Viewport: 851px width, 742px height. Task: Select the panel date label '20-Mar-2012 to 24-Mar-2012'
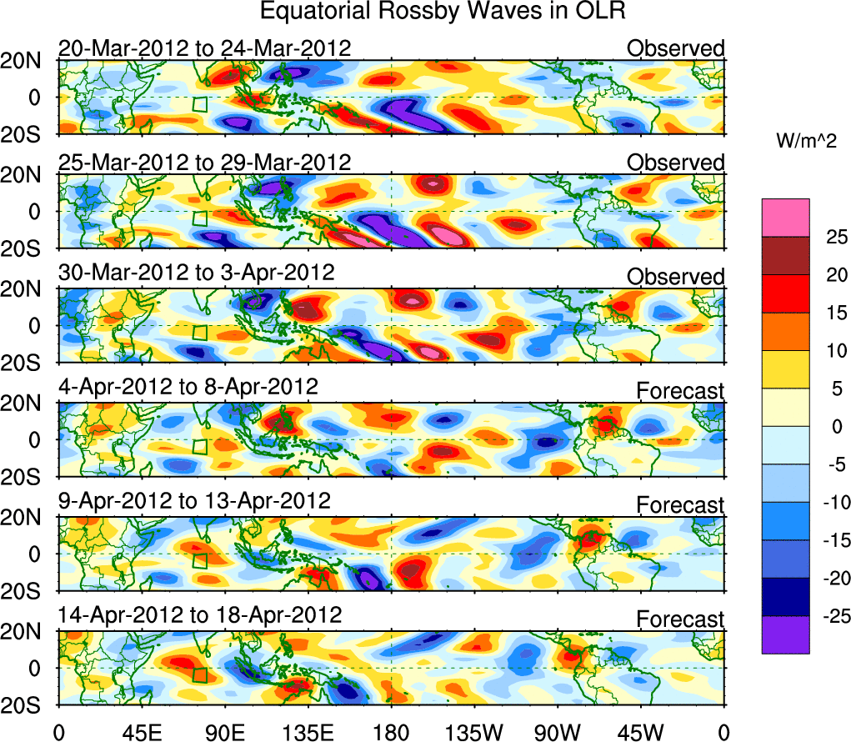point(204,48)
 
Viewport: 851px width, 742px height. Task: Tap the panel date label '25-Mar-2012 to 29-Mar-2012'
point(204,162)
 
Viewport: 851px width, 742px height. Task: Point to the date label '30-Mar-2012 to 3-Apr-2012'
point(196,273)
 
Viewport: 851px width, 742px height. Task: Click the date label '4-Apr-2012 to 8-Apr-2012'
point(188,387)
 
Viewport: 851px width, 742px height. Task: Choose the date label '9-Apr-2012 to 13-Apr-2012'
point(194,501)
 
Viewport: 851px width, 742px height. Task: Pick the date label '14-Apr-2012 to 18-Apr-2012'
point(200,615)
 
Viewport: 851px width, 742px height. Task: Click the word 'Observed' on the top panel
point(676,48)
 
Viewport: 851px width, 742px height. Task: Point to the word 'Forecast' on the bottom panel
point(680,619)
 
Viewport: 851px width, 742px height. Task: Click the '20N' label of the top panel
point(26,61)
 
